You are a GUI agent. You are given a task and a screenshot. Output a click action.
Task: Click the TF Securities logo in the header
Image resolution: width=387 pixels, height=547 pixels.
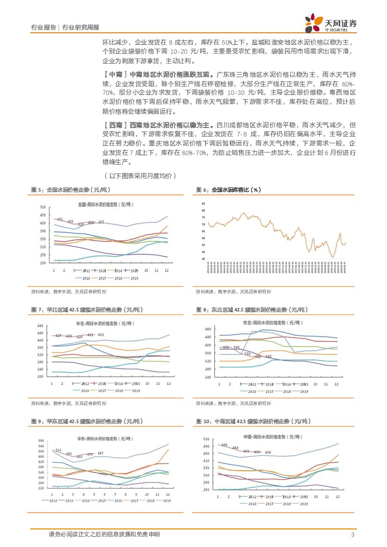point(330,23)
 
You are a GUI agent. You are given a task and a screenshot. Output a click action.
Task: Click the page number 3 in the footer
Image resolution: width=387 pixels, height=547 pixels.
point(352,534)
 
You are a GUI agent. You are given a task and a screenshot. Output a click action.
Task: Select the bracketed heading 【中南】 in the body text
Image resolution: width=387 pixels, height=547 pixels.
point(114,74)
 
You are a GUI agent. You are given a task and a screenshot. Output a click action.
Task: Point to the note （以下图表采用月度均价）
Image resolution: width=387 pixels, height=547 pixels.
point(140,175)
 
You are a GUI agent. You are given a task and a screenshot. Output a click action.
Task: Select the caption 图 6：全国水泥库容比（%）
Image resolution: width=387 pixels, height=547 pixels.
point(229,190)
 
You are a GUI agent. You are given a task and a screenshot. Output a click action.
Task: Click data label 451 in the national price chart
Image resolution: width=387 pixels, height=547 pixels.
point(60,219)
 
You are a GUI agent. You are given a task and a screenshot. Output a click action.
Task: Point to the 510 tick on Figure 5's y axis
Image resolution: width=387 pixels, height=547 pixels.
point(43,207)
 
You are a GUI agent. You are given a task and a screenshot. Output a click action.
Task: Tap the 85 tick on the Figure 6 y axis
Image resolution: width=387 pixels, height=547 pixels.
point(204,204)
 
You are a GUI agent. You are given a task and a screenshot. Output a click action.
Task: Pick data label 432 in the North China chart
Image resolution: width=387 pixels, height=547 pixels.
point(101,335)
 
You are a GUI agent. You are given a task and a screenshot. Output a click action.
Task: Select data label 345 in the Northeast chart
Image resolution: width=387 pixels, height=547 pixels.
point(268,356)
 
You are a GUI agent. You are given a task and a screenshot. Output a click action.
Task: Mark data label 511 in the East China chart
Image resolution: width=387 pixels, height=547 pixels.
point(58,450)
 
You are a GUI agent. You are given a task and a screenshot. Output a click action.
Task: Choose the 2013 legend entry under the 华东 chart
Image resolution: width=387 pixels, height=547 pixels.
point(70,501)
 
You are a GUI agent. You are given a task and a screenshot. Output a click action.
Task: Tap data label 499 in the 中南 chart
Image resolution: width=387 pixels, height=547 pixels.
point(224,445)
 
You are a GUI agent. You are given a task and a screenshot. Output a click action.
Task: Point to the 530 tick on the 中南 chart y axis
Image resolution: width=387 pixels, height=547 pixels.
point(206,439)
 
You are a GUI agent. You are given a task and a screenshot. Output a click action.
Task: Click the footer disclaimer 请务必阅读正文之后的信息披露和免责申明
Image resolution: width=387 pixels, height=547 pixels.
point(104,534)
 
